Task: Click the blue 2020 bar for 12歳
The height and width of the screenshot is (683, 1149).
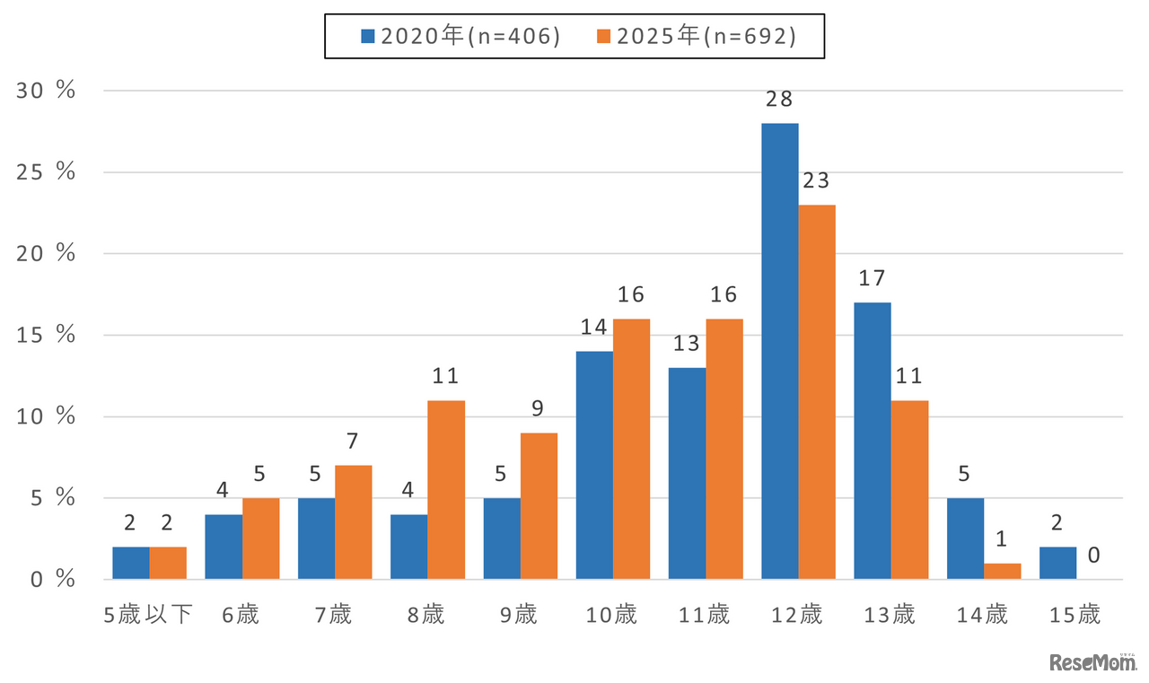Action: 779,351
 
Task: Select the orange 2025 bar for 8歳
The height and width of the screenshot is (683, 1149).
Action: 446,489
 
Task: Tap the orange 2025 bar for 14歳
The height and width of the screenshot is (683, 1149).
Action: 1002,571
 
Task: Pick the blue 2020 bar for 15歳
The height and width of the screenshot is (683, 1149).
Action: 1057,563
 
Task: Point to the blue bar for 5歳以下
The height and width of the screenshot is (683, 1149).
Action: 131,563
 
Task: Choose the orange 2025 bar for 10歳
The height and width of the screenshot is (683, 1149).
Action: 631,449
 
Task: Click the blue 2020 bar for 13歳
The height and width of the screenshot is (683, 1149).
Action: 873,441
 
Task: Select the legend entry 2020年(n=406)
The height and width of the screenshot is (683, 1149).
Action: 460,36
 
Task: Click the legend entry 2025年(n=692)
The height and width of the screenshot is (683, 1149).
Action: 696,36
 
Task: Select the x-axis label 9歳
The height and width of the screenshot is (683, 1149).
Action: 520,615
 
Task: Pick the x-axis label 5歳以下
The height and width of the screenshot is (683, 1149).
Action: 149,615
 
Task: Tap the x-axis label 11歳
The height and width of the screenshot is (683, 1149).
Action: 706,615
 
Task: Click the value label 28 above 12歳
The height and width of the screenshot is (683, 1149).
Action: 779,99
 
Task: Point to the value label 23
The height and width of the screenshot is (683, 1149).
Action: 817,180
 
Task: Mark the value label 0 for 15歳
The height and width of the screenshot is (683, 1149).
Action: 1094,556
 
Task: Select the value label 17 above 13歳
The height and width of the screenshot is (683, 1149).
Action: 873,278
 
